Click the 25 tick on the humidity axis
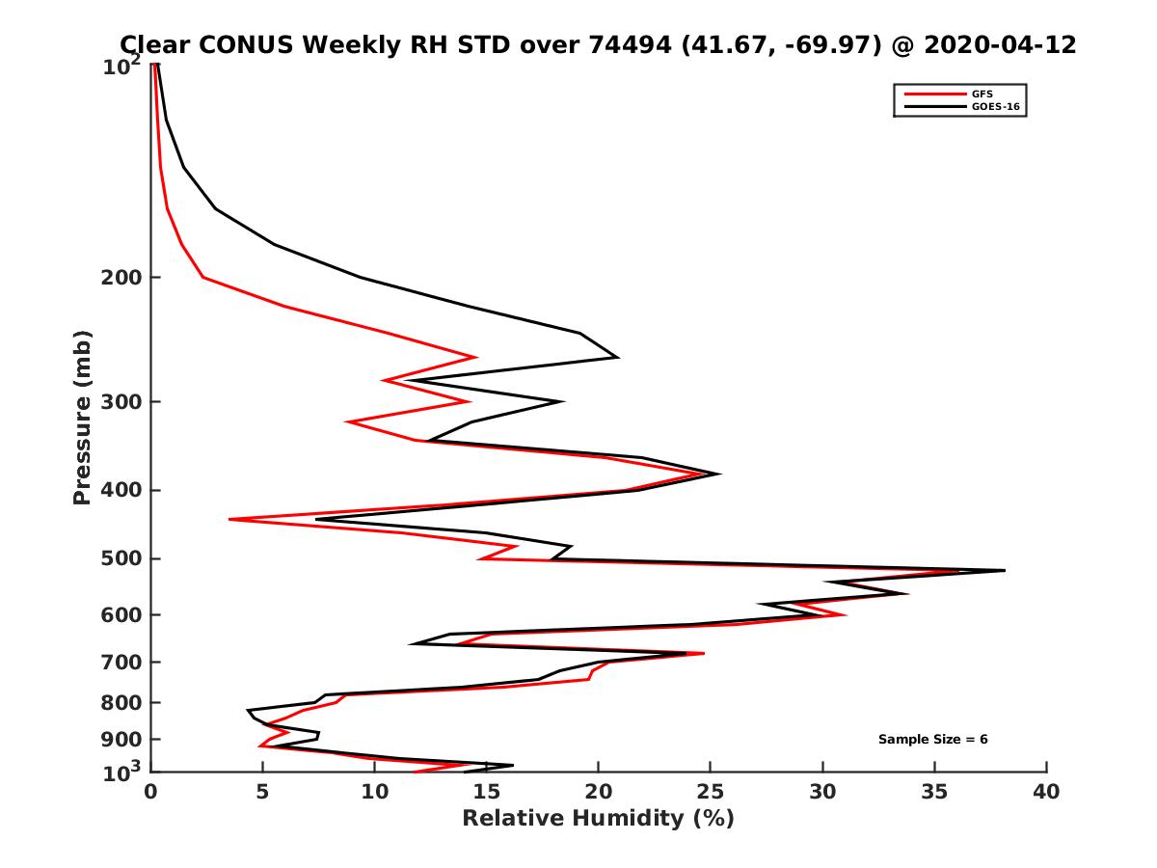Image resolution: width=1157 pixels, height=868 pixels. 711,792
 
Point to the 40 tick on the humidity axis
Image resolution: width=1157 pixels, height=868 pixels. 1046,792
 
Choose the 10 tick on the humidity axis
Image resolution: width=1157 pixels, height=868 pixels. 375,792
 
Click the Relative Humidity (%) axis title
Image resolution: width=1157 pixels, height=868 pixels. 598,819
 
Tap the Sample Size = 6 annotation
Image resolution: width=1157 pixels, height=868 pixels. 932,740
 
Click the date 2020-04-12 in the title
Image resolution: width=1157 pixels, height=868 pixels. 998,44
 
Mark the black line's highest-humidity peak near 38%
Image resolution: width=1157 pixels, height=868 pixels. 1004,571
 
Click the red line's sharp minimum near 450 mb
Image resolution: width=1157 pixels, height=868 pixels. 229,519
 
